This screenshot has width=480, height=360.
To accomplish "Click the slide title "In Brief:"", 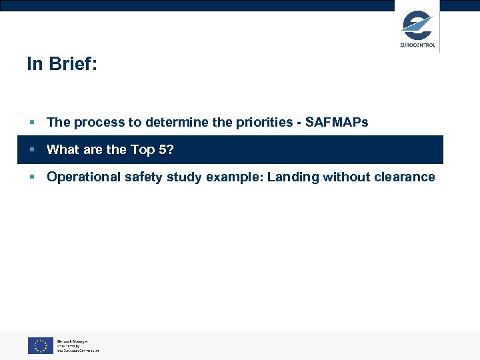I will pyautogui.click(x=62, y=64).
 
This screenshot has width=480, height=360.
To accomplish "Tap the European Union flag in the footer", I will pyautogui.click(x=40, y=345).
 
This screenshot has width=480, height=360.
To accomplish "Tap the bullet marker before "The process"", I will pyautogui.click(x=31, y=123).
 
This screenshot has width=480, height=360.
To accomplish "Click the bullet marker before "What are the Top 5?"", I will pyautogui.click(x=31, y=150).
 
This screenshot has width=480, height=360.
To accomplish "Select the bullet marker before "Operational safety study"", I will pyautogui.click(x=31, y=177).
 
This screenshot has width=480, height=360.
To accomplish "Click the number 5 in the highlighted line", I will pyautogui.click(x=163, y=149).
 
